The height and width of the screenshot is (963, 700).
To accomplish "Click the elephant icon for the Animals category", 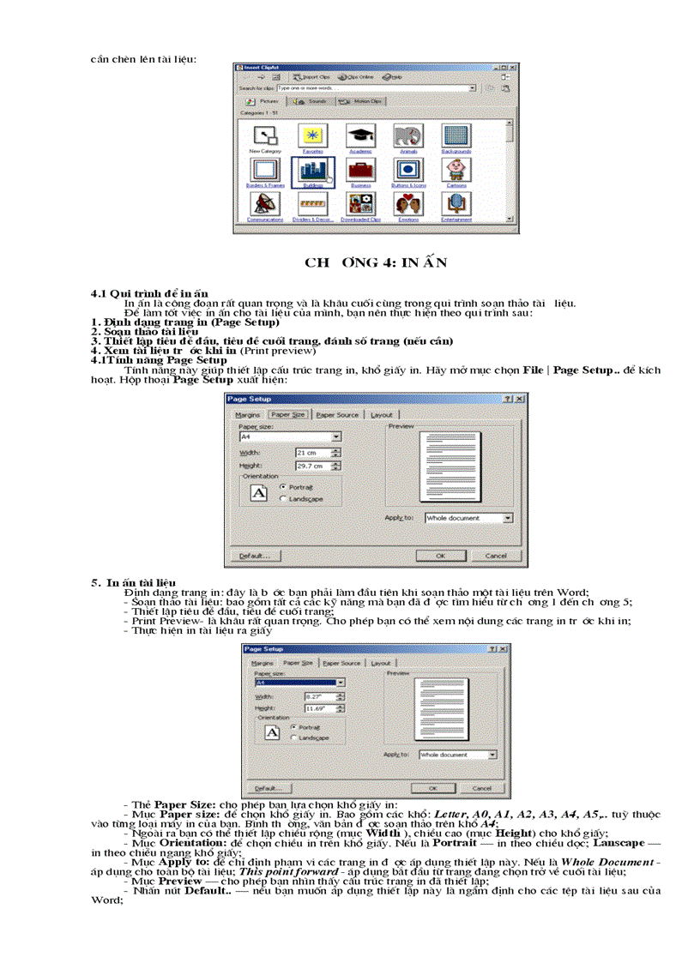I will tap(407, 135).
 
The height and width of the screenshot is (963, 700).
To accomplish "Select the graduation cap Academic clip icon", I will tap(359, 135).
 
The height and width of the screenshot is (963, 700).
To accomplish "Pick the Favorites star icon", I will tap(311, 135).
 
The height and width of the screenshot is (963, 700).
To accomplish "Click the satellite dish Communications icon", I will tap(264, 204).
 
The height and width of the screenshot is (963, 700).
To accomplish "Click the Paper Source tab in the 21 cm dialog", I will tap(337, 415).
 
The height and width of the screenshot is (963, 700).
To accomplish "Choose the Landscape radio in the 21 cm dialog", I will tap(285, 498).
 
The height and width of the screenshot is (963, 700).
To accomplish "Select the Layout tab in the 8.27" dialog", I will tap(380, 663).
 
